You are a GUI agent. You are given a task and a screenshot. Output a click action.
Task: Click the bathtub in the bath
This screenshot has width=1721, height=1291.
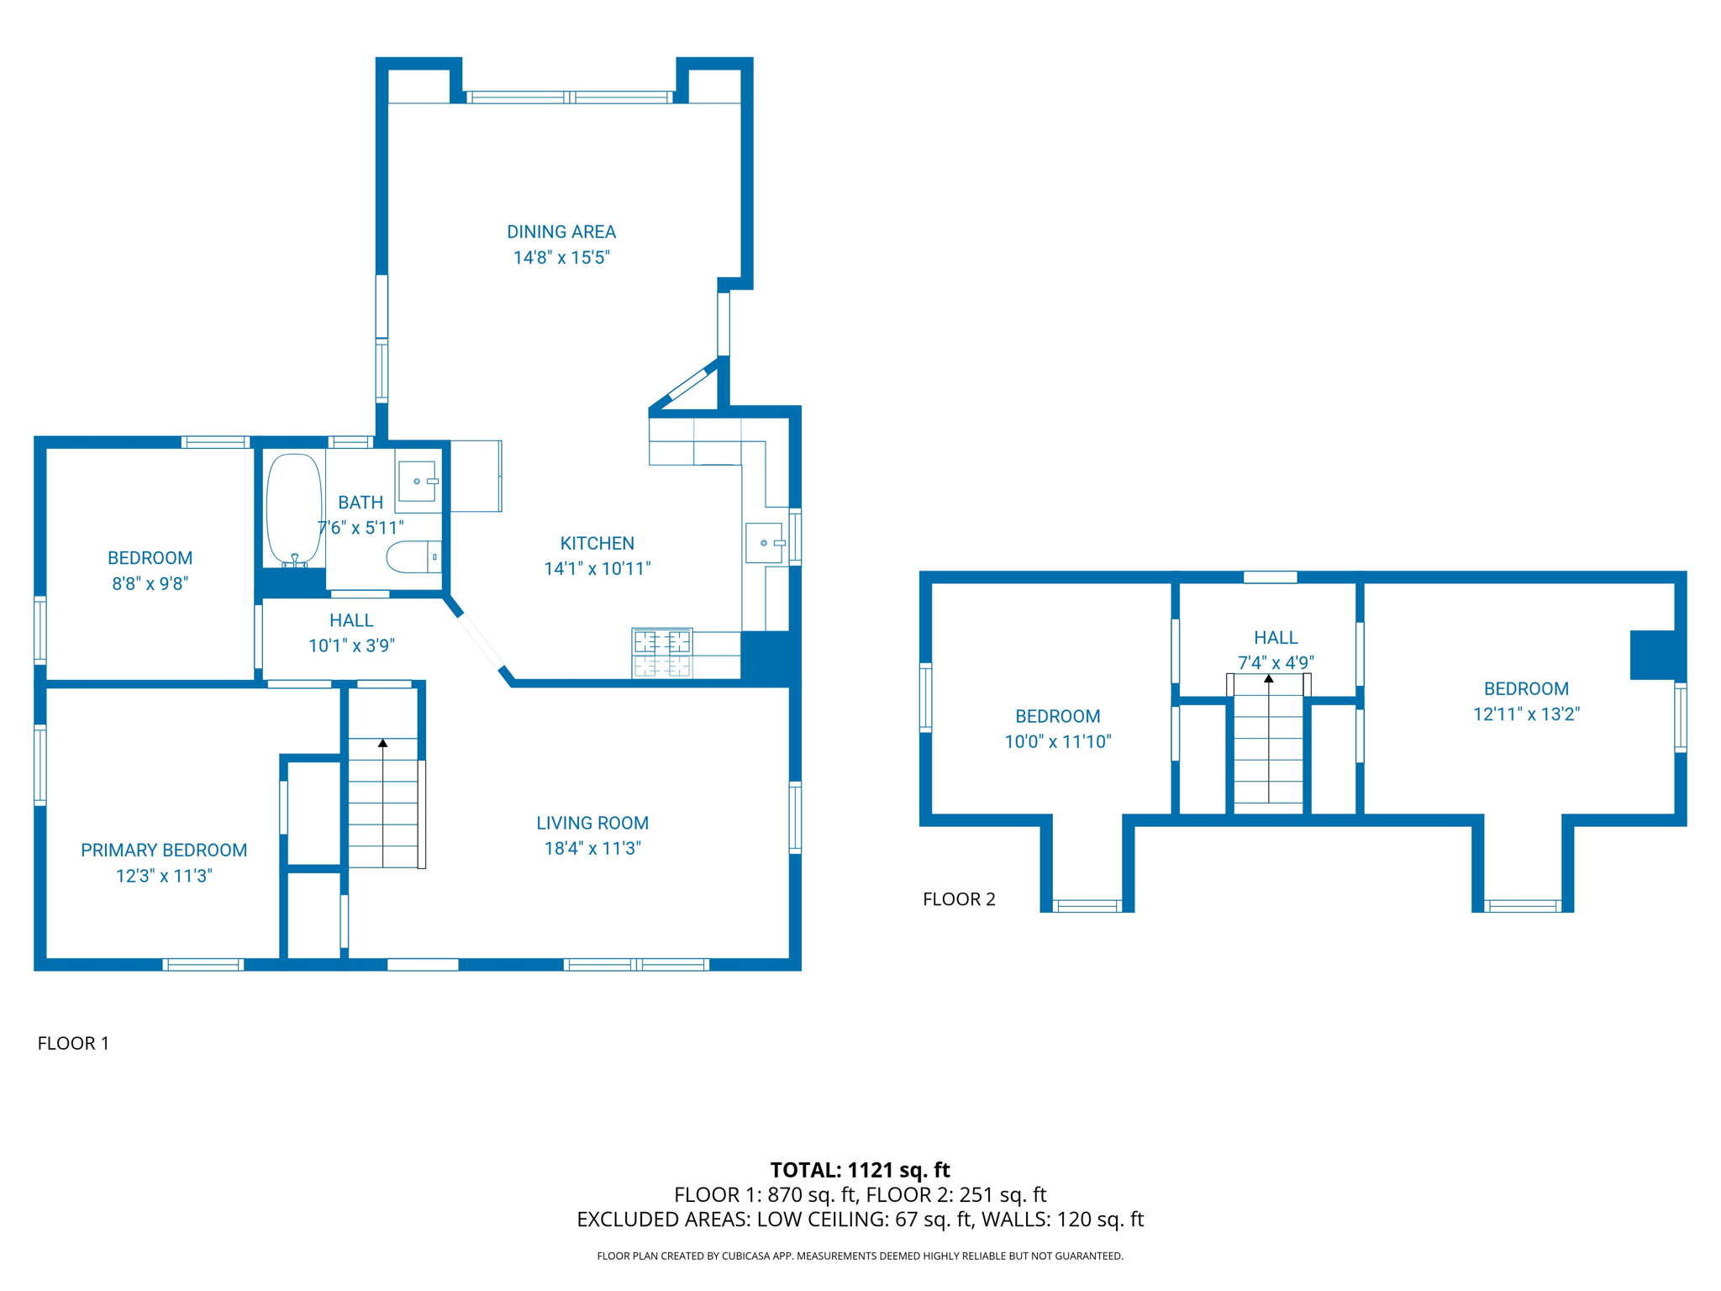[x=294, y=509]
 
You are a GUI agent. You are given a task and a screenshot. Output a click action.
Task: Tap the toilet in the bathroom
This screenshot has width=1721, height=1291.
[x=413, y=556]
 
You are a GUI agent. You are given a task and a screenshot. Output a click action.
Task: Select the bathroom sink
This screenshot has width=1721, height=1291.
[x=417, y=481]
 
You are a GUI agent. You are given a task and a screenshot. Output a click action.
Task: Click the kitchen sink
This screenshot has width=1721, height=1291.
[x=764, y=543]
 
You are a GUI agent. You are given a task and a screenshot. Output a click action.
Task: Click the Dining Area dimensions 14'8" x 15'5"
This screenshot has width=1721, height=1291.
[x=561, y=257]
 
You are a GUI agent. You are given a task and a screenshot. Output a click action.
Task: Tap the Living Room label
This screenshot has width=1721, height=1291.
[x=592, y=823]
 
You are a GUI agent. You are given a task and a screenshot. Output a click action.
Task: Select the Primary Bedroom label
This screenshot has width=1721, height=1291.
[x=164, y=850]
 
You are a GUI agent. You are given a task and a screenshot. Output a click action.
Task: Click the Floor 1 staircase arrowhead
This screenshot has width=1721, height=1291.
[x=382, y=743]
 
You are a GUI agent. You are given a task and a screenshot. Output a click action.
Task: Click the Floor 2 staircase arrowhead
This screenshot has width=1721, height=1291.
[x=1269, y=678]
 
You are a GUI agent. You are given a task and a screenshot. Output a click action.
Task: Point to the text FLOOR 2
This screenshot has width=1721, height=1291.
[x=959, y=899]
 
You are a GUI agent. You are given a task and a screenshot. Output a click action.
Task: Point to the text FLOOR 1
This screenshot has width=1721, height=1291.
[x=73, y=1043]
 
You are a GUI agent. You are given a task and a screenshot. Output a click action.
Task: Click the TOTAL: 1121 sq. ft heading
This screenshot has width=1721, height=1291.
[x=860, y=1169]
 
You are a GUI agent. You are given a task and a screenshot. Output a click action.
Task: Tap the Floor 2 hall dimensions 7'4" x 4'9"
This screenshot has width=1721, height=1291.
[x=1276, y=662]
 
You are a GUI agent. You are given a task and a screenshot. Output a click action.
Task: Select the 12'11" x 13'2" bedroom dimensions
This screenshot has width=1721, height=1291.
[x=1526, y=714]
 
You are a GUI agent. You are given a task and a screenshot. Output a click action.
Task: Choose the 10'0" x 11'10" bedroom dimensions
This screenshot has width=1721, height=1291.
[x=1058, y=741]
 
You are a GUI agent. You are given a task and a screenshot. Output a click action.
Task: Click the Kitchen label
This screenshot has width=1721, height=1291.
[x=597, y=543]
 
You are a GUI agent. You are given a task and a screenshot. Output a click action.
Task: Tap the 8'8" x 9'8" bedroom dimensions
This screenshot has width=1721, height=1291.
[x=150, y=583]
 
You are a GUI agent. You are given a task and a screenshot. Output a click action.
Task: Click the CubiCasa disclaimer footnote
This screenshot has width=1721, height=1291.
[x=860, y=1256]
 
